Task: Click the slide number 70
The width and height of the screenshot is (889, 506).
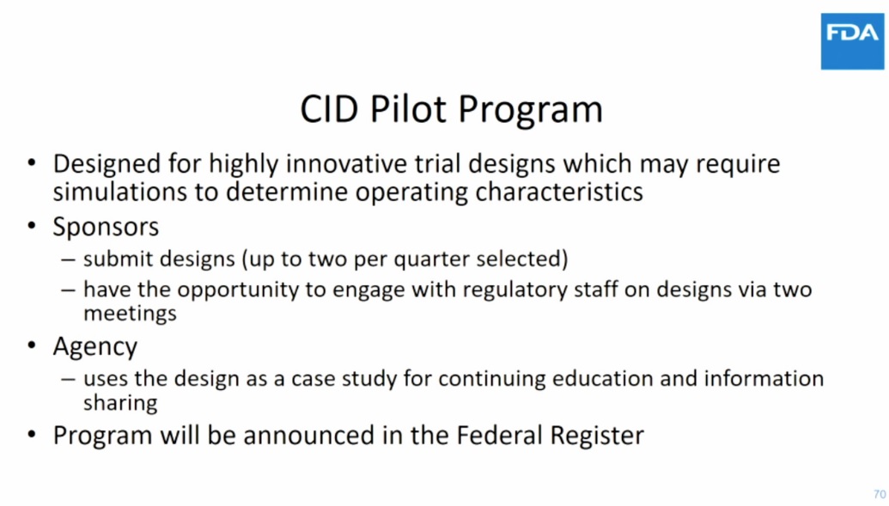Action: point(879,494)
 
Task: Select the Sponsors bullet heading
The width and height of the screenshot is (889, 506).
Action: point(106,228)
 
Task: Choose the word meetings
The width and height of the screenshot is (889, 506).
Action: point(130,313)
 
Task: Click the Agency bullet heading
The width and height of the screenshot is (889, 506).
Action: point(94,346)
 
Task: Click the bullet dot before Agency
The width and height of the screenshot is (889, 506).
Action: point(32,347)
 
